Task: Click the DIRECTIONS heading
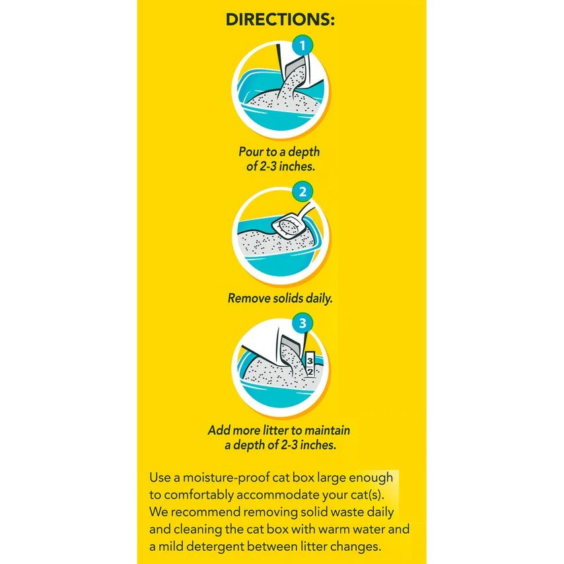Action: pyautogui.click(x=280, y=19)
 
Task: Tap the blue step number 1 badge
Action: pyautogui.click(x=302, y=46)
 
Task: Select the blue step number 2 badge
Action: pyautogui.click(x=302, y=192)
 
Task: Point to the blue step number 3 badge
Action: pyautogui.click(x=302, y=324)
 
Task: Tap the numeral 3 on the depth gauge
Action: pyautogui.click(x=310, y=361)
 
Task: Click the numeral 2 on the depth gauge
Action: pyautogui.click(x=310, y=372)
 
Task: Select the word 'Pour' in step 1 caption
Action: pyautogui.click(x=251, y=152)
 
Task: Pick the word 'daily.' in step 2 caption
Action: pyautogui.click(x=319, y=299)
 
